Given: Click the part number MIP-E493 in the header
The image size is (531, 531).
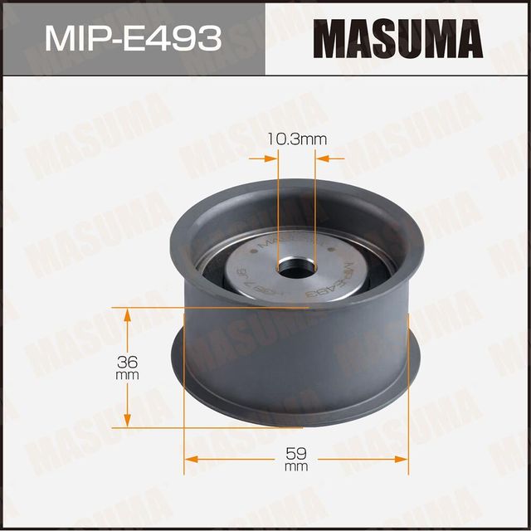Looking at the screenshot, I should tap(132, 38).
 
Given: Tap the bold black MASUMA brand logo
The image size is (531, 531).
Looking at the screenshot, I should tap(398, 38).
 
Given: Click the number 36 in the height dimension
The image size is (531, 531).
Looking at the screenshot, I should tap(127, 362).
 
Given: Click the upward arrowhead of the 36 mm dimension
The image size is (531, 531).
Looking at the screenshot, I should tap(127, 314).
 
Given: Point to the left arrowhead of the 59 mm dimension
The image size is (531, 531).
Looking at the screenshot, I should tap(189, 457).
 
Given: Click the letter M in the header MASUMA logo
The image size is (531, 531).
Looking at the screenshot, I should tap(327, 38).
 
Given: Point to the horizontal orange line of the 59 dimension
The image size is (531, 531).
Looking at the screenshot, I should tap(249, 457).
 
